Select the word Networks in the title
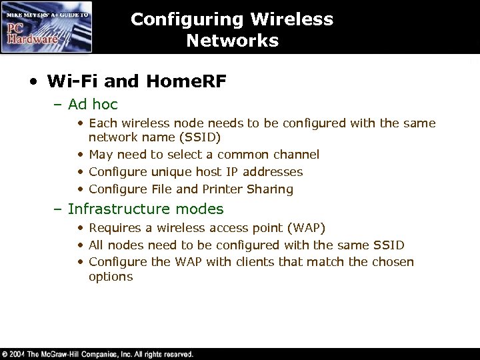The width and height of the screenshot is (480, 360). [232, 41]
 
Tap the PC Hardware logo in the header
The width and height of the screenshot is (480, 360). [45, 27]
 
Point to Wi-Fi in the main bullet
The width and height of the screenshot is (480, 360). [72, 81]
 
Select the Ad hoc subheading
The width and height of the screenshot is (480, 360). [93, 104]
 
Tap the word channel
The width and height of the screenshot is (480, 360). [315, 155]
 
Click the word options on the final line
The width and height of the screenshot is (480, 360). [111, 277]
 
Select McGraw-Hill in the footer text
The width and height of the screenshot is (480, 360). [66, 354]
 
